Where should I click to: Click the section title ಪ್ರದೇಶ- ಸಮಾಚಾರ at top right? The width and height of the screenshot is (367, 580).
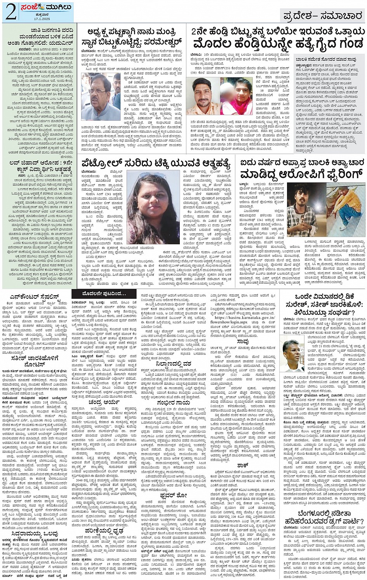pyautogui.click(x=322, y=16)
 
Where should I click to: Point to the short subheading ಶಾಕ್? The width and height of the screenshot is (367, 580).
pyautogui.click(x=242, y=465)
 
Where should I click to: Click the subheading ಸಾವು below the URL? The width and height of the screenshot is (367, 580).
pyautogui.click(x=242, y=341)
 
